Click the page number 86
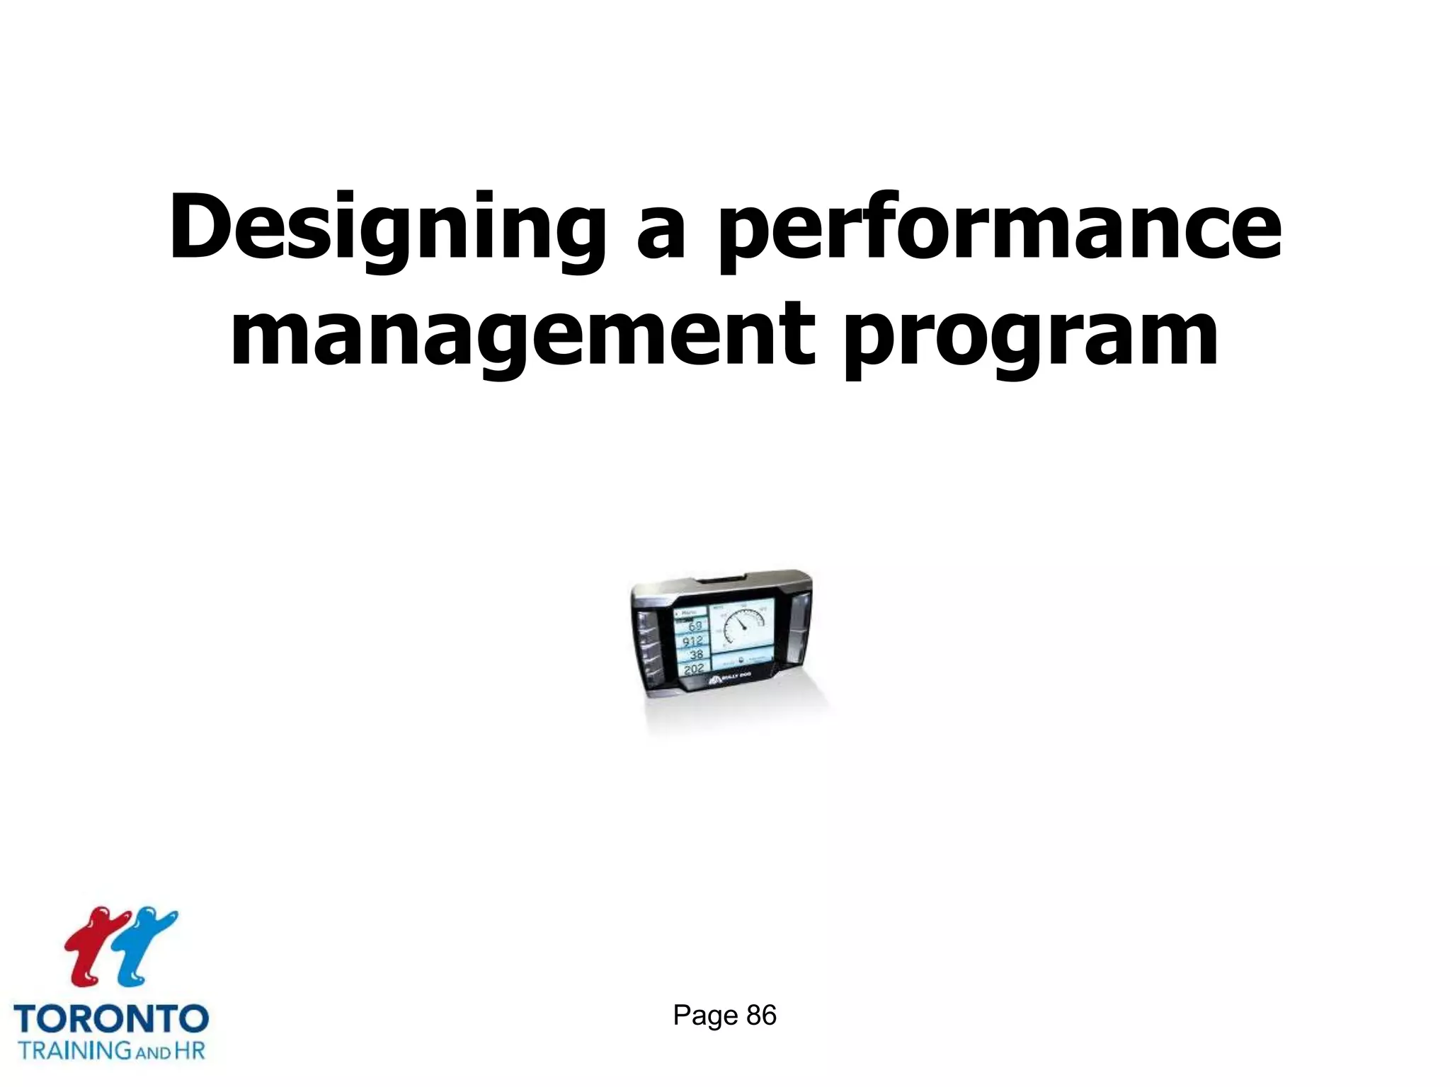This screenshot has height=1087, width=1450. point(761,1016)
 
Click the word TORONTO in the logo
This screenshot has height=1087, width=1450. point(111,1019)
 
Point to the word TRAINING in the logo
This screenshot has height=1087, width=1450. point(74,1049)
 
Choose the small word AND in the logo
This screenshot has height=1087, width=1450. point(152,1052)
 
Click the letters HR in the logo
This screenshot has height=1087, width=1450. point(189,1049)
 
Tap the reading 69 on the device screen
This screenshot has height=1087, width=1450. point(695,626)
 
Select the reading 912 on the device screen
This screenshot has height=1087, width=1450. point(692,641)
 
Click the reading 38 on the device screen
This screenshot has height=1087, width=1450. point(695,655)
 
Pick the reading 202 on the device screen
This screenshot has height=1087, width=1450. point(693,668)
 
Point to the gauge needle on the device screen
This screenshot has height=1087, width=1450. point(739,623)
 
